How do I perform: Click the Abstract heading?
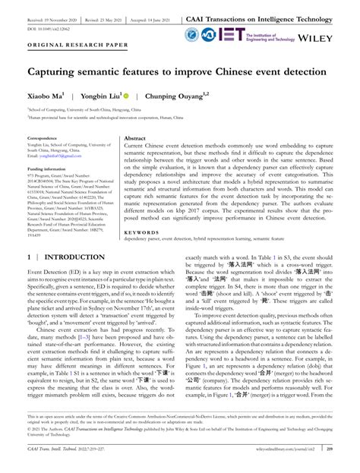pyautogui.click(x=135, y=138)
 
